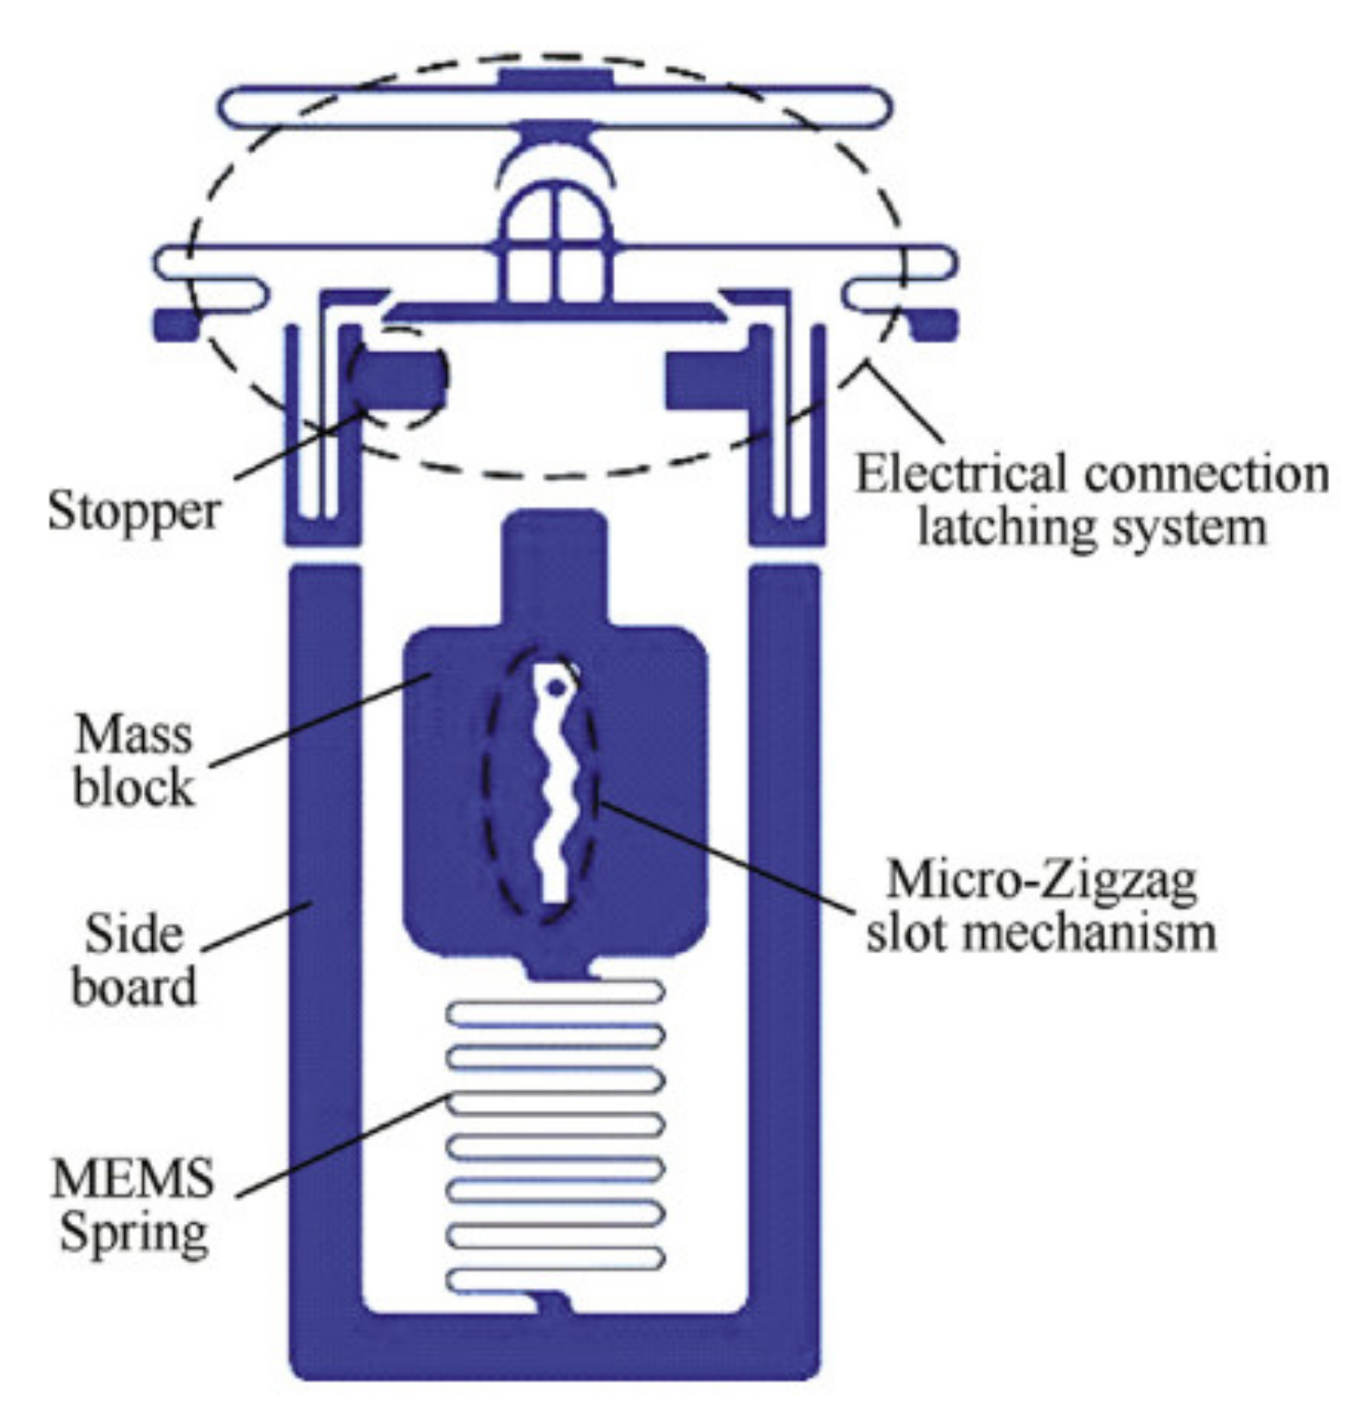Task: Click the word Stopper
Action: point(133,512)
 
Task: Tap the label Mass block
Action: point(133,760)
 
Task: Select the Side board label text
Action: point(133,960)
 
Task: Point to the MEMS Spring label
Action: point(133,1204)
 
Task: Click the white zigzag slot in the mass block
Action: point(555,794)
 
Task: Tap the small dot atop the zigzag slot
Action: point(556,687)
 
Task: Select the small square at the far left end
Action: point(175,324)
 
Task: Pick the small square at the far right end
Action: point(937,324)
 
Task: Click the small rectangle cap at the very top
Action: point(554,77)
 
